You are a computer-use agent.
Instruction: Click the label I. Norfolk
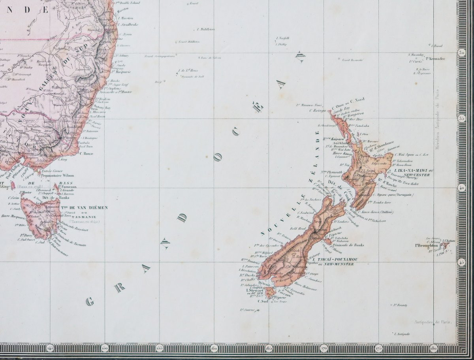click(x=283, y=38)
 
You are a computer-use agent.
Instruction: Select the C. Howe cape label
click(x=86, y=153)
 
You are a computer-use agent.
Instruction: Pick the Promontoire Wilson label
click(x=58, y=175)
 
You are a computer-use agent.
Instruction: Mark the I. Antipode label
click(x=402, y=334)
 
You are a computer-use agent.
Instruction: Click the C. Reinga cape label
click(x=317, y=111)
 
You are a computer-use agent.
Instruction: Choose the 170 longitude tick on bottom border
click(x=323, y=348)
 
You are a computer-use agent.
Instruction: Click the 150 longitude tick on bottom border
click(x=105, y=348)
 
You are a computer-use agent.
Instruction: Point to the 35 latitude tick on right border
click(x=461, y=118)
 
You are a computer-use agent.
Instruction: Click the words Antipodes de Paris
click(x=433, y=322)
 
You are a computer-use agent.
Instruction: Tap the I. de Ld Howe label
click(x=188, y=71)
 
